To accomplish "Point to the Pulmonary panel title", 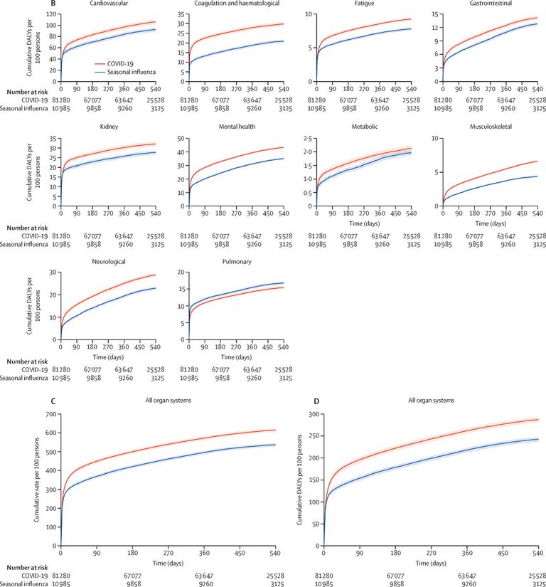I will [235, 261].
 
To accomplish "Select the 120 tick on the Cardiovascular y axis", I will [51, 14].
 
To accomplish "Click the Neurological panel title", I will [108, 261].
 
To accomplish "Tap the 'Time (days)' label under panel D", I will [431, 563].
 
